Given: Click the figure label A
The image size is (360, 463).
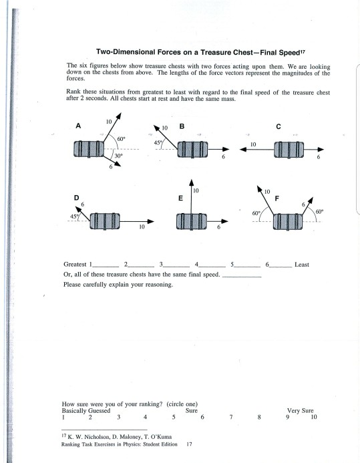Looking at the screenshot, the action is click(78, 126).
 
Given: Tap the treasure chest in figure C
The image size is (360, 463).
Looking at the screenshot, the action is click(289, 150).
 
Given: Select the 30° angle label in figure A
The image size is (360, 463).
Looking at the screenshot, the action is click(119, 156).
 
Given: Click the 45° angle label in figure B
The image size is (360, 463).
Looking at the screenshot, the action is click(158, 142).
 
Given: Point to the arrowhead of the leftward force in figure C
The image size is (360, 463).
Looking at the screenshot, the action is click(243, 150).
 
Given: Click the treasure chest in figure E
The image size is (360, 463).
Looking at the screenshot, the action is click(192, 221).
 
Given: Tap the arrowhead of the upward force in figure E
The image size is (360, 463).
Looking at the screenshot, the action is click(192, 182).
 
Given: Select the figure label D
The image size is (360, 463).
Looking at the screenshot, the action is click(76, 198).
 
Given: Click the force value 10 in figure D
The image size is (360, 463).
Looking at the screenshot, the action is click(142, 226).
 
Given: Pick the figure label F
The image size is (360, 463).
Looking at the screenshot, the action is click(277, 198).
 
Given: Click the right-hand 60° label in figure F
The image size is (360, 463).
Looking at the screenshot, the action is click(319, 212).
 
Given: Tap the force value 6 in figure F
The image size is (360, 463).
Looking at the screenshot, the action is click(303, 204).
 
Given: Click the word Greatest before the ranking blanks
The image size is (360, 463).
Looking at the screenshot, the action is click(75, 265).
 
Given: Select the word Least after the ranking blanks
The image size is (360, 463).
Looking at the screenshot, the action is click(302, 265).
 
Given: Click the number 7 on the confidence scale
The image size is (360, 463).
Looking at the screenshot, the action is click(231, 417).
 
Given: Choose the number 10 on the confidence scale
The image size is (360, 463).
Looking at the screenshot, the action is click(314, 417).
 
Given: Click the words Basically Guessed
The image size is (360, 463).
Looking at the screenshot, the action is click(86, 411).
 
